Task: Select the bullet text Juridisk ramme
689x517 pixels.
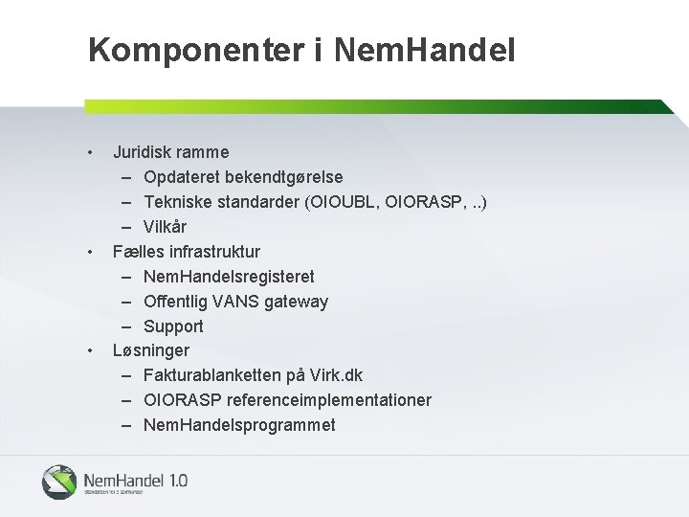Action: click(x=171, y=151)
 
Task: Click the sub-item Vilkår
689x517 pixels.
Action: click(x=165, y=227)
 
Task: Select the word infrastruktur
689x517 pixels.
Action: click(x=214, y=252)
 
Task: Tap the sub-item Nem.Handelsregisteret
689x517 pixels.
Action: click(x=229, y=277)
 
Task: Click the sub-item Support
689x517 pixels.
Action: click(x=173, y=326)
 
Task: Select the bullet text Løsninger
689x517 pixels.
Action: click(x=151, y=350)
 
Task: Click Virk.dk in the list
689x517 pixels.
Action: click(x=335, y=375)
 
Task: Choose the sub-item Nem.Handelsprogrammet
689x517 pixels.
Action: click(x=239, y=425)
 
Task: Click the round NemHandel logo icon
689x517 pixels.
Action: click(x=59, y=481)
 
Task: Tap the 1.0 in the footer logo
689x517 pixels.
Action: click(x=178, y=479)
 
